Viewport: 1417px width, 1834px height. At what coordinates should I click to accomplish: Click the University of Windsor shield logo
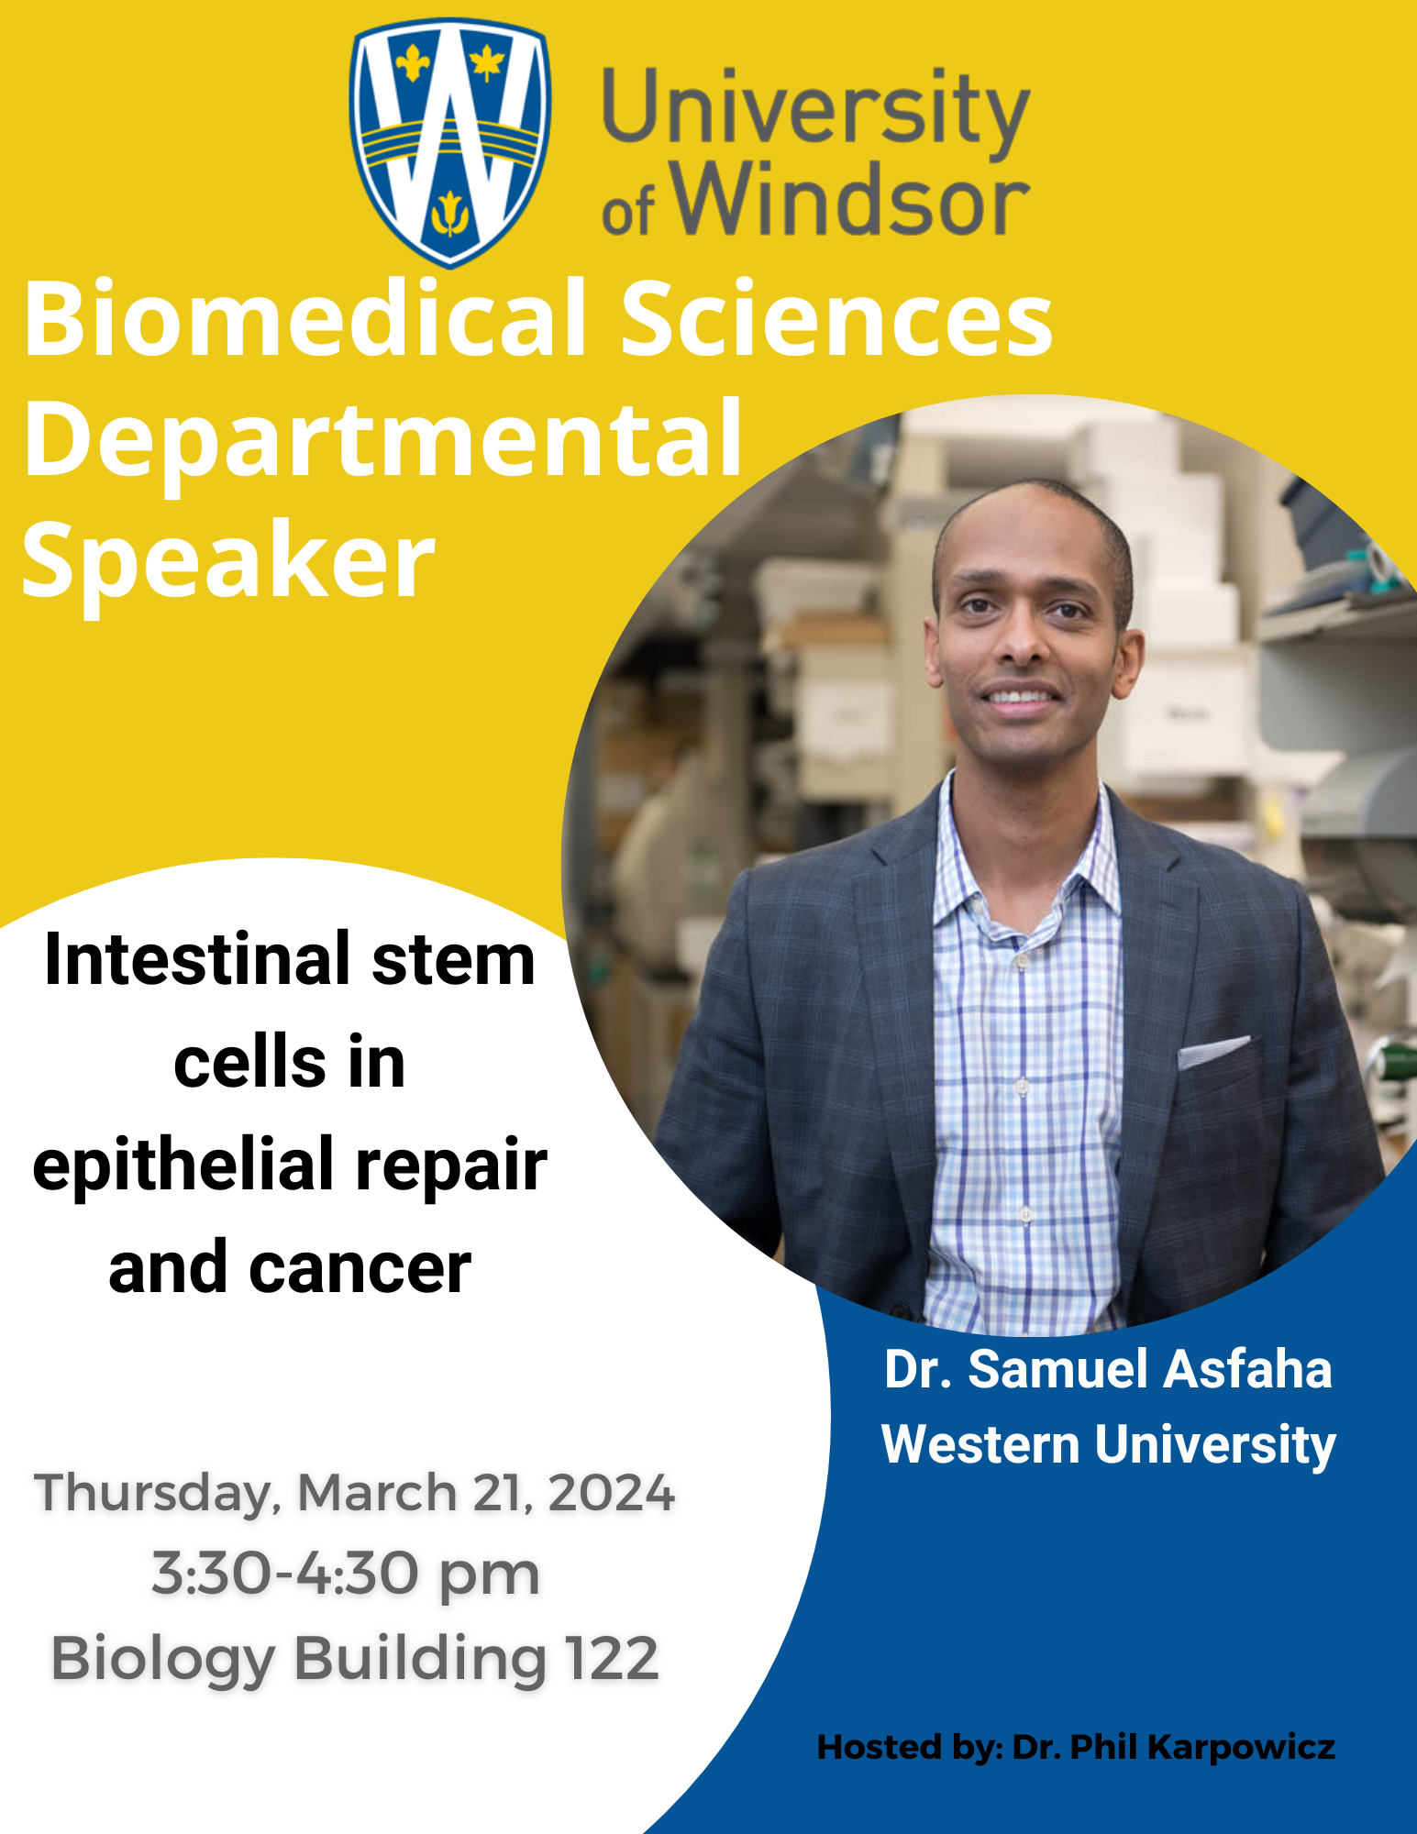450,143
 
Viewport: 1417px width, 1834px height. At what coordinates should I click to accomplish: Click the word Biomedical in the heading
305,318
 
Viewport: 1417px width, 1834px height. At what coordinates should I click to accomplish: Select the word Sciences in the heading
836,318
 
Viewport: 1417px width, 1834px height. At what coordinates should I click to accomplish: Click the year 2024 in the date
611,1492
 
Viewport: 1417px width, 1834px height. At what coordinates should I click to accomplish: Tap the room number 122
612,1659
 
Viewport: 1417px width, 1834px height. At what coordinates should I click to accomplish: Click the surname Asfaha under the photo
1250,1369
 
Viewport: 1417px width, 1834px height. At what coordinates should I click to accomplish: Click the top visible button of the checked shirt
1020,962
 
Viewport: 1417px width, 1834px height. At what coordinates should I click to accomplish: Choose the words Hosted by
908,1748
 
